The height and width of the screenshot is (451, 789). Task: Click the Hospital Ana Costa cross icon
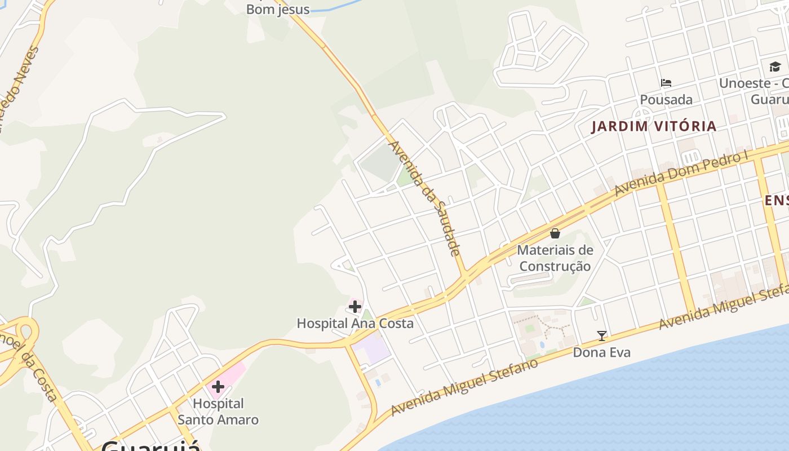355,307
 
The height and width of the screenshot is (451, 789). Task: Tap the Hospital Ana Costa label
355,324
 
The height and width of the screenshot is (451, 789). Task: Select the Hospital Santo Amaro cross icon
218,387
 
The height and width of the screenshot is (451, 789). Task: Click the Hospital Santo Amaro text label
218,412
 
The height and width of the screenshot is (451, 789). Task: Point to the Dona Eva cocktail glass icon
602,336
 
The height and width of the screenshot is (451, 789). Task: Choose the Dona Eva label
602,352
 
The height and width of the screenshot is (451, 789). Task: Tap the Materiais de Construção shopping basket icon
555,233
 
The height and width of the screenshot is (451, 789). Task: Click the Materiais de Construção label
555,258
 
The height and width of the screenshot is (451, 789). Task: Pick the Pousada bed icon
666,83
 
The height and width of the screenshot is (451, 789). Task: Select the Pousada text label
666,100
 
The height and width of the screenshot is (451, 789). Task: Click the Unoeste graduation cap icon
775,67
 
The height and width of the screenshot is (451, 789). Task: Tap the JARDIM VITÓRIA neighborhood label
654,126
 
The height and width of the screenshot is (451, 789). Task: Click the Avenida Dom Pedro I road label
685,174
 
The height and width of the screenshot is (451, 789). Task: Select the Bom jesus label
278,9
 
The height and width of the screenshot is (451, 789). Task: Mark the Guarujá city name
151,445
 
